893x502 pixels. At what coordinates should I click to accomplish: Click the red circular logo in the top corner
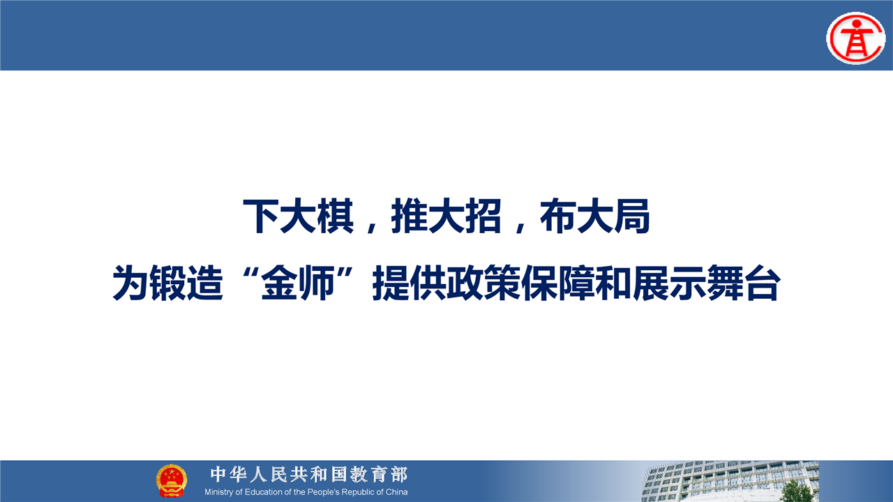[855, 38]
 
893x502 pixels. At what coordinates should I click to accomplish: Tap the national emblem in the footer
[172, 480]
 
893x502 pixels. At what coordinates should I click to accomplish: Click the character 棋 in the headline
[336, 216]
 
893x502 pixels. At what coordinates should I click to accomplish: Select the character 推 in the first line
[410, 216]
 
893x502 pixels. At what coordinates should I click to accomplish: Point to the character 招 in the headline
[483, 216]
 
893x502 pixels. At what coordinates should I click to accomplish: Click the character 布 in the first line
[558, 216]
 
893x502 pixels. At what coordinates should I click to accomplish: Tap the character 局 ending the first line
[632, 216]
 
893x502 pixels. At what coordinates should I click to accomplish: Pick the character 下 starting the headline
[261, 216]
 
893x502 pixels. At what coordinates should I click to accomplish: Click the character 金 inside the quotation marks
[279, 283]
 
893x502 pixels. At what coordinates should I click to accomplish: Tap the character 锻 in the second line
[168, 283]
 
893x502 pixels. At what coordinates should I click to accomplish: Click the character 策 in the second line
[502, 283]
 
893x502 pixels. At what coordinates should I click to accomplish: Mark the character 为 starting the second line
[131, 283]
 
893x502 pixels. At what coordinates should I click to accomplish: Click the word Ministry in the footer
[219, 492]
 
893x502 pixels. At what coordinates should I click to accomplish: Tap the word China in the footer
[397, 492]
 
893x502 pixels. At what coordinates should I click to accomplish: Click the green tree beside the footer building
[795, 492]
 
